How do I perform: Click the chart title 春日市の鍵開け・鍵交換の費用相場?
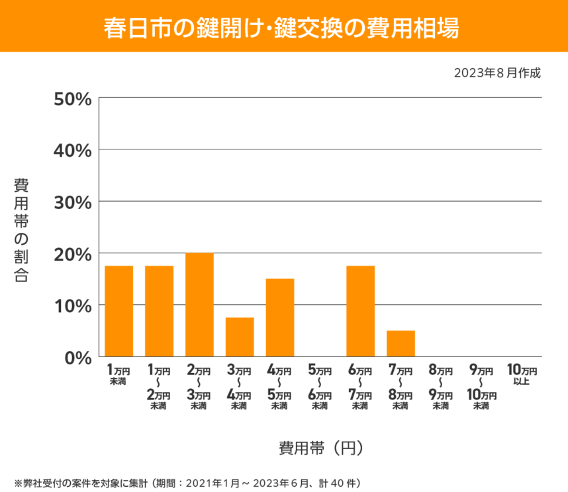coord(283,27)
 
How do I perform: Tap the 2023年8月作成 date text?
coord(497,73)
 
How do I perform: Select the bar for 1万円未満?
coord(119,311)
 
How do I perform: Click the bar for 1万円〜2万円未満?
coord(159,311)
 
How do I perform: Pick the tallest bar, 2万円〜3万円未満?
coord(199,304)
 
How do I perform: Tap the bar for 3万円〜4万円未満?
coord(240,337)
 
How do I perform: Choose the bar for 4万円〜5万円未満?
coord(280,317)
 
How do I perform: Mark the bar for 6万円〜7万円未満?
coord(361,311)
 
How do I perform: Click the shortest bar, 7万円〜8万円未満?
coord(401,343)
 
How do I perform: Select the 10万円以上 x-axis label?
coord(522,374)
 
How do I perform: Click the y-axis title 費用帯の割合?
coord(21,229)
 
